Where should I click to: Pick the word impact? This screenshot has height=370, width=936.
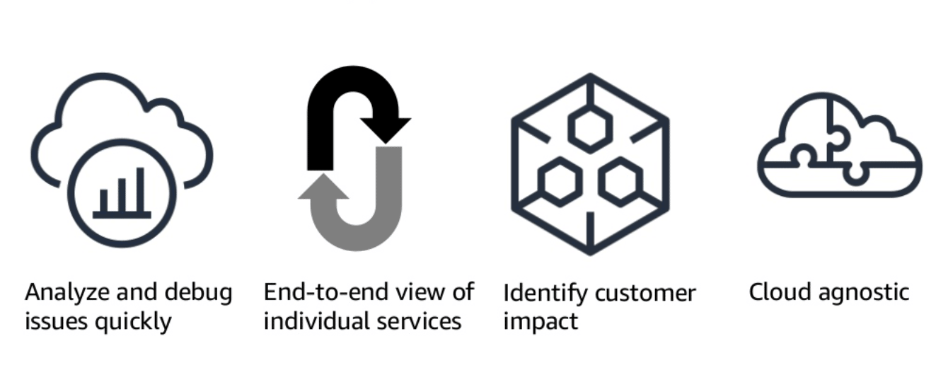point(541,323)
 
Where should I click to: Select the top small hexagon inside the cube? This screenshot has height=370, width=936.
point(590,127)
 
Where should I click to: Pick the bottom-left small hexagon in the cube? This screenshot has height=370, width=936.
point(560,182)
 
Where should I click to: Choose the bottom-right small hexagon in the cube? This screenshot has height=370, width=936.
point(620,182)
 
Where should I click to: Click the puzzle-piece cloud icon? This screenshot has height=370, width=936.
point(839,149)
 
